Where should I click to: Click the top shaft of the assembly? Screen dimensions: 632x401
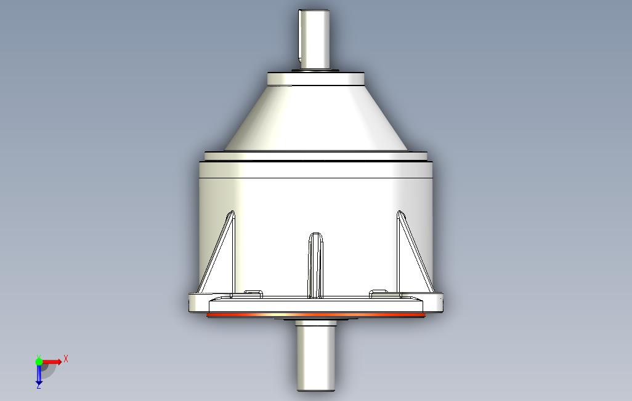click(x=314, y=39)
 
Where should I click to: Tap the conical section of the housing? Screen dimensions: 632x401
click(x=315, y=118)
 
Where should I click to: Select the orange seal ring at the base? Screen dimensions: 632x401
click(x=315, y=314)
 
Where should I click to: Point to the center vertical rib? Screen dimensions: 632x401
click(x=315, y=265)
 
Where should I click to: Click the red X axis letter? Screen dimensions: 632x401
click(x=66, y=359)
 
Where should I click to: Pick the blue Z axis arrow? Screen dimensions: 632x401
click(x=39, y=373)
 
